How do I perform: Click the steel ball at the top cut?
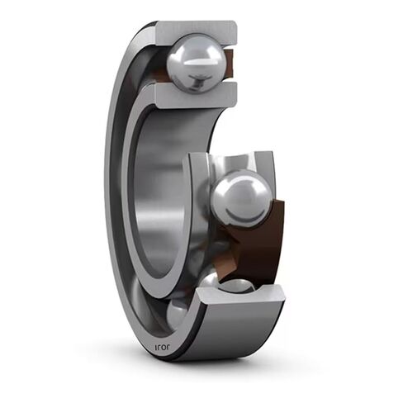(x=196, y=62)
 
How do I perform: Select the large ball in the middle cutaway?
(x=240, y=197)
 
